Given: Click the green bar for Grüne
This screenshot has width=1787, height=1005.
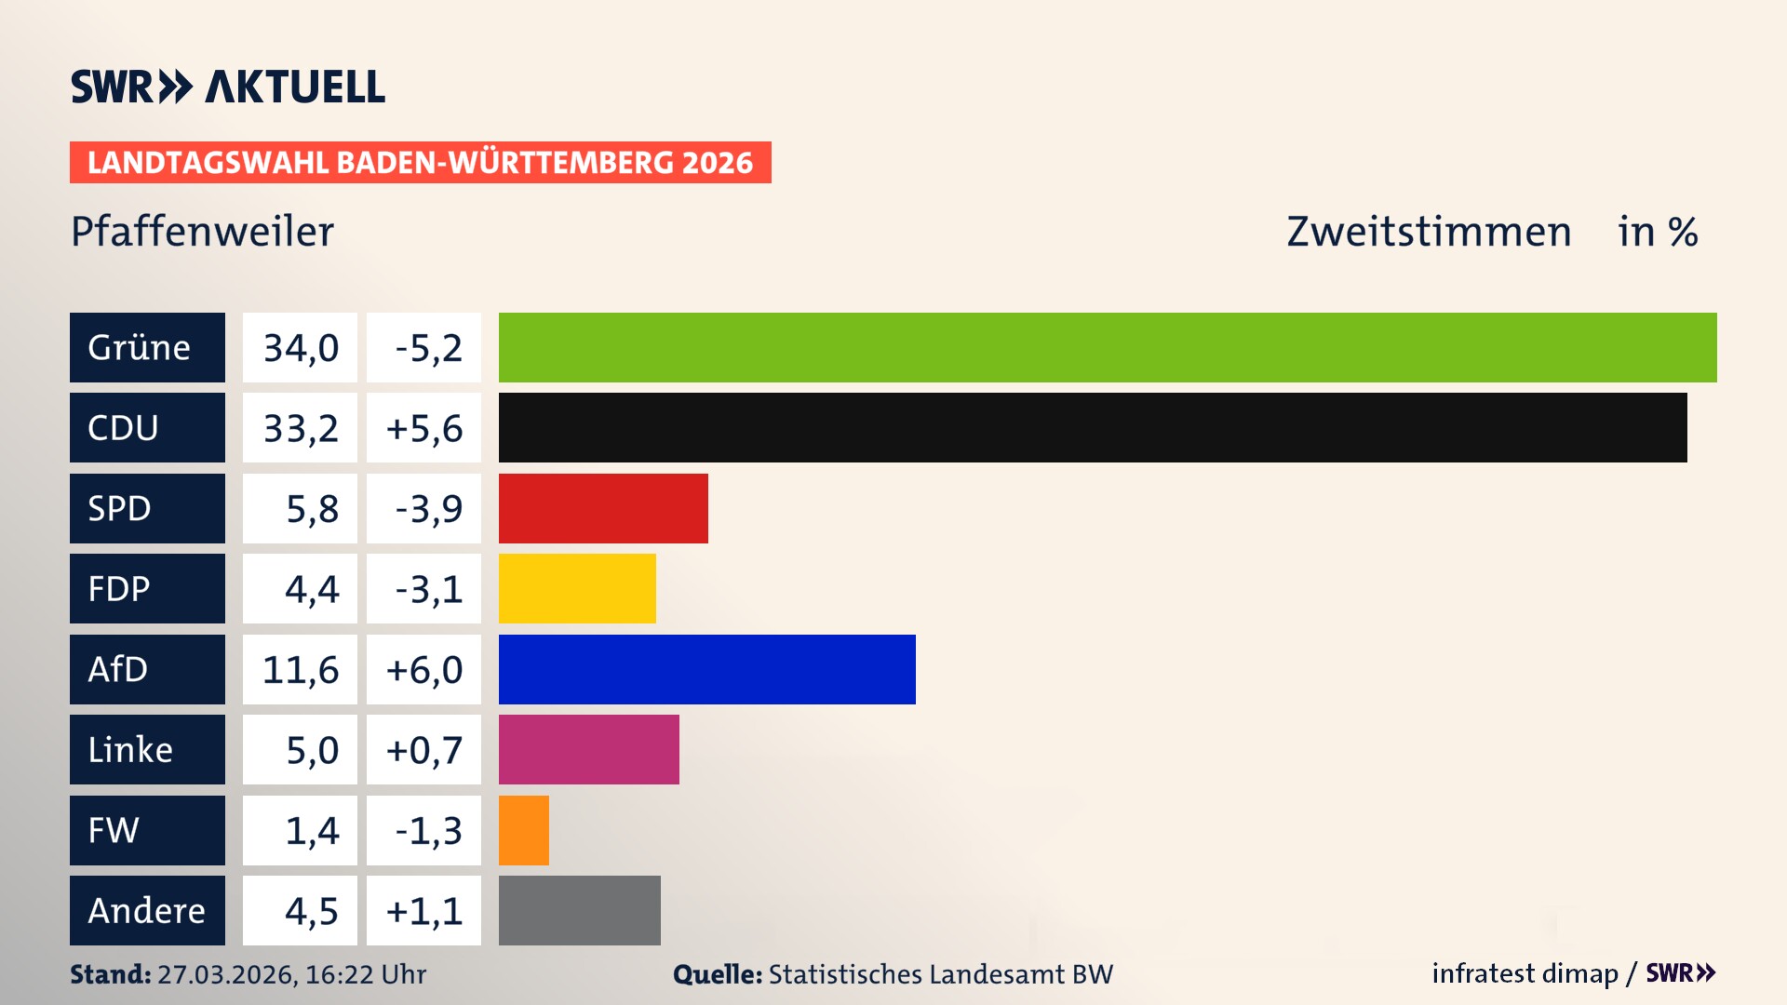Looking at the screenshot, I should [1108, 347].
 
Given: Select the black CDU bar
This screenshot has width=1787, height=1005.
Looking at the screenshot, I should [1093, 427].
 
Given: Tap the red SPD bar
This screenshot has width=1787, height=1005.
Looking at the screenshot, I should [603, 508].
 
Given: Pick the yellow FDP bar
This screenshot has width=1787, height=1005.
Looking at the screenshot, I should [577, 588].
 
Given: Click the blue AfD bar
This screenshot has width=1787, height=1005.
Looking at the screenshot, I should [707, 669].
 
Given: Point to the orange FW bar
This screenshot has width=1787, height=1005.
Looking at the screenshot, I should [523, 830].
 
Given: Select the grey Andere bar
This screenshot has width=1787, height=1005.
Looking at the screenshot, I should [579, 910].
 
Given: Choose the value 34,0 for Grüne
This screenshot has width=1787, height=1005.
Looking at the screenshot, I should [300, 347].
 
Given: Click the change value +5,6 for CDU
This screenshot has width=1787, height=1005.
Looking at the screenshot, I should [423, 427].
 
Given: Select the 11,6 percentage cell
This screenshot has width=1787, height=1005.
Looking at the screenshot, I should [300, 669].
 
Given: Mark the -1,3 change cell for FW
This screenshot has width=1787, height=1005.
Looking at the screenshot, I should [423, 830].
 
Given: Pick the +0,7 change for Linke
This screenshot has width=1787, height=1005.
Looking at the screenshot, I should [423, 749].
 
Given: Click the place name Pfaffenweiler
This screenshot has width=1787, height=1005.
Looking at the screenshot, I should [202, 232].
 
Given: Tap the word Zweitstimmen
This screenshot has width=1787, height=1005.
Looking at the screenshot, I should [1429, 232].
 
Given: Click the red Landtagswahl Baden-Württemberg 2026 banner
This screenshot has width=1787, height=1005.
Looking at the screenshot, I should [420, 162].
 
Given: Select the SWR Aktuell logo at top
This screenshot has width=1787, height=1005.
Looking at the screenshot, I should [228, 87].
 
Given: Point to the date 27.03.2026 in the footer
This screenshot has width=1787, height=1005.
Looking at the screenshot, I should [226, 974].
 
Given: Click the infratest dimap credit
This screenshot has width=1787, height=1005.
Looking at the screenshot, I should [1525, 973].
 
